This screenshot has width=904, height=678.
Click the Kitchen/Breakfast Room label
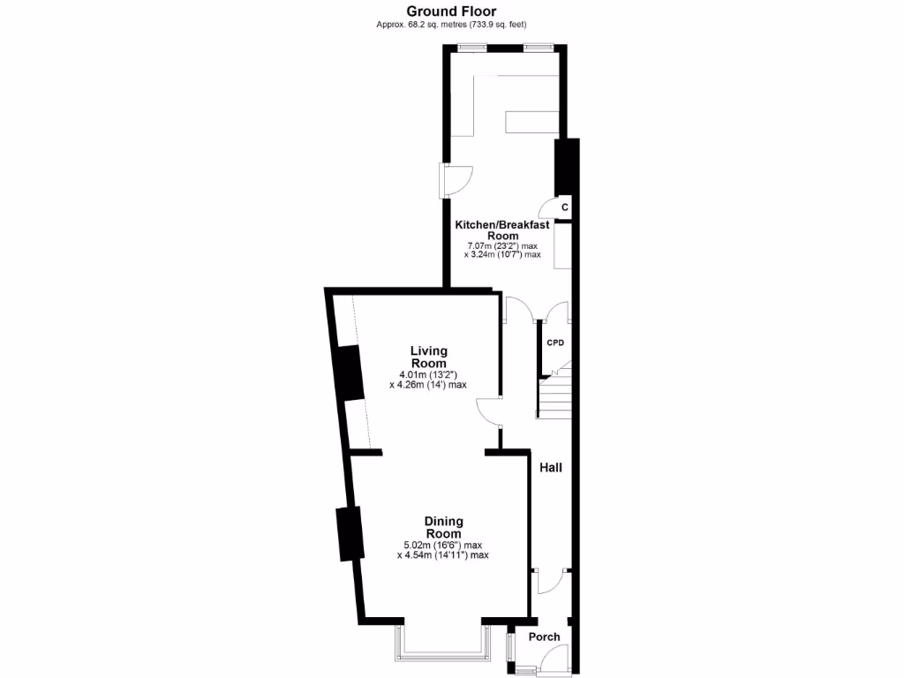point(501,230)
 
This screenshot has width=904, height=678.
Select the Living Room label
point(428,357)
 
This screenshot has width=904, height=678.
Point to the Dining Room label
point(443,527)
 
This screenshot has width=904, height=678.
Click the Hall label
point(551,468)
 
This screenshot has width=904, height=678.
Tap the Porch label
point(544,637)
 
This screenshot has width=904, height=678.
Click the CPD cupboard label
point(554,342)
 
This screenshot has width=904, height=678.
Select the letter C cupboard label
point(564,207)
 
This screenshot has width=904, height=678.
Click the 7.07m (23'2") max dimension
point(501,246)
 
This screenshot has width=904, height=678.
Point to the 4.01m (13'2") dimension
point(428,373)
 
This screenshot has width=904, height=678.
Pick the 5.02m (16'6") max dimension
point(443,544)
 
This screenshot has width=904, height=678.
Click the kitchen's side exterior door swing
point(460,180)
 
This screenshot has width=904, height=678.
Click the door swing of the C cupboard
point(555,208)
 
